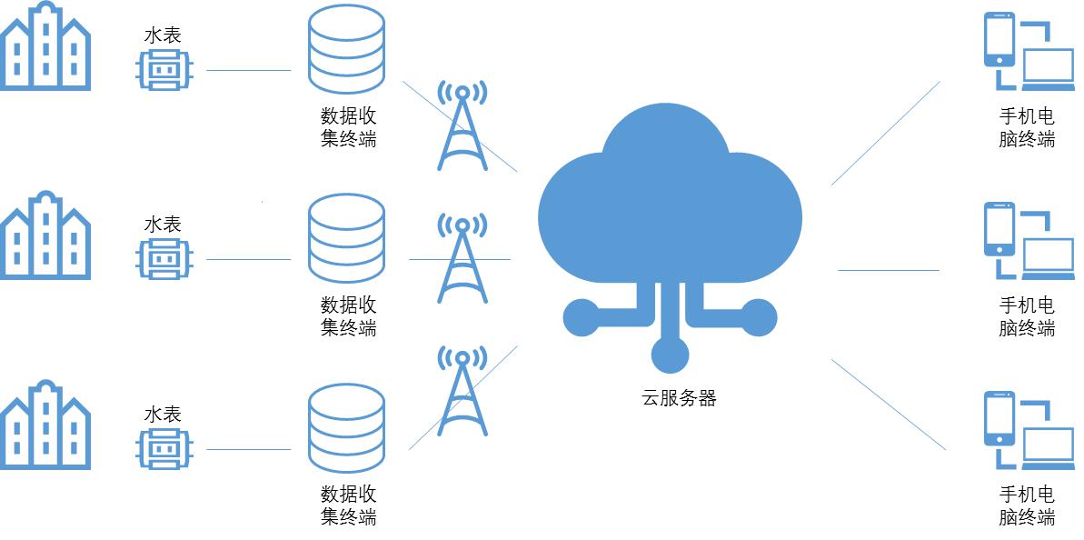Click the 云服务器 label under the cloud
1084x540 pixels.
tap(680, 398)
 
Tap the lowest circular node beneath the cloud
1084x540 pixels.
tap(670, 354)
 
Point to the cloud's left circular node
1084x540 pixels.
tap(582, 317)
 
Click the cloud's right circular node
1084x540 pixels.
tap(759, 317)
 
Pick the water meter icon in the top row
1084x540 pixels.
tap(164, 69)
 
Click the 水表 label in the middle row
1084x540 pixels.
tap(164, 224)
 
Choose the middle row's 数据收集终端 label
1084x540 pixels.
tap(348, 315)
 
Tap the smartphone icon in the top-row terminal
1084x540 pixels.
tap(999, 39)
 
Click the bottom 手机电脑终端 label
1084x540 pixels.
tap(1027, 505)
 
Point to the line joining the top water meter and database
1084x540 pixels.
tap(248, 70)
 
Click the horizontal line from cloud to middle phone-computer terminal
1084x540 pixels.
tap(888, 270)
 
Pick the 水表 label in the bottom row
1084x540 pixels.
tap(164, 414)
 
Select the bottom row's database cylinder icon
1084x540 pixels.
tap(346, 428)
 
